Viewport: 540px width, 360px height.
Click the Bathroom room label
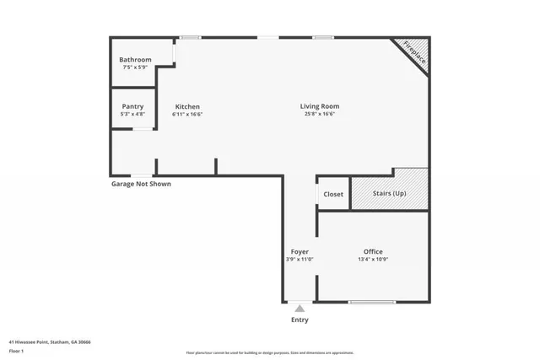point(135,59)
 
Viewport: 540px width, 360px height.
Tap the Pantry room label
point(132,106)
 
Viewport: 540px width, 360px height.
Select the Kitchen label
point(187,106)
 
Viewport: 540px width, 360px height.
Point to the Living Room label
point(320,106)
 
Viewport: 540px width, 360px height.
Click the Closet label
point(333,194)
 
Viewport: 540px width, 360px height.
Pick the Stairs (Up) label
point(389,194)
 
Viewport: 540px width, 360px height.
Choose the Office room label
point(373,252)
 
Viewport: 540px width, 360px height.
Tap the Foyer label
point(300,252)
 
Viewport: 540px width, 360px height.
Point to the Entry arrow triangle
point(300,309)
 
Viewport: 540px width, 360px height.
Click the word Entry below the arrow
point(300,320)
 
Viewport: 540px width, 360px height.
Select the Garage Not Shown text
point(141,184)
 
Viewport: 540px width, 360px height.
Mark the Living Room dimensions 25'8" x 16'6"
point(320,114)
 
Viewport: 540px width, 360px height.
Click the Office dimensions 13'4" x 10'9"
point(373,260)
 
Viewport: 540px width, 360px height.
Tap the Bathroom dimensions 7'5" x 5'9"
point(135,67)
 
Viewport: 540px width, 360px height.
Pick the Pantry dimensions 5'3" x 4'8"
point(132,114)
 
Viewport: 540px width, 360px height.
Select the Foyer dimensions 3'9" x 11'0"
point(300,260)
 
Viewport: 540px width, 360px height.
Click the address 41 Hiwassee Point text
point(50,342)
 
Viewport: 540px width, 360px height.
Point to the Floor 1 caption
point(16,350)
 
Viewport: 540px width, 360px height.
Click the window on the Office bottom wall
point(372,302)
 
